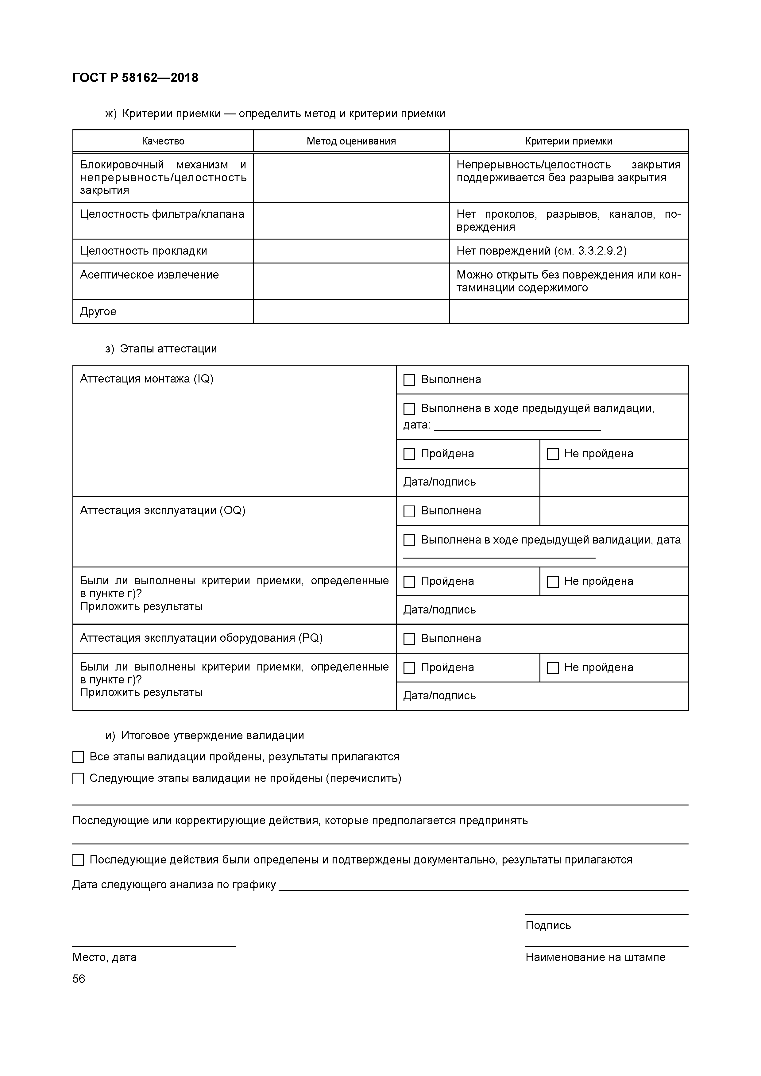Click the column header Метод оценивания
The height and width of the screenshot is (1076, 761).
351,141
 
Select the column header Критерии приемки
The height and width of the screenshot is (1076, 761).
568,141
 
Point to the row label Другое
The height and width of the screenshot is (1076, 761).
98,312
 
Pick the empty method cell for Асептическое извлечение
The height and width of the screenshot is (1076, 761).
351,281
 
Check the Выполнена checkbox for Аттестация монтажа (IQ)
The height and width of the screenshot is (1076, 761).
409,380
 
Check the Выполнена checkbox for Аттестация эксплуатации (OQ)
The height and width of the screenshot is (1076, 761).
409,511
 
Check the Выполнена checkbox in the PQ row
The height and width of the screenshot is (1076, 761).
409,639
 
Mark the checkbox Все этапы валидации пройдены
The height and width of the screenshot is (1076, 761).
78,757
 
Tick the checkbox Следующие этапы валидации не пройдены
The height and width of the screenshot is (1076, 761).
78,778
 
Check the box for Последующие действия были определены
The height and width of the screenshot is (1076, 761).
78,860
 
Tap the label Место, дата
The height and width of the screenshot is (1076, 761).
104,957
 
